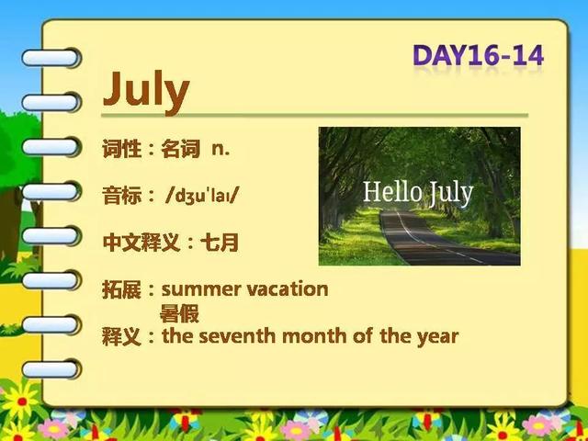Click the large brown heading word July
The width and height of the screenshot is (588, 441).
146,91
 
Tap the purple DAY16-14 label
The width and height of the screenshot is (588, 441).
478,56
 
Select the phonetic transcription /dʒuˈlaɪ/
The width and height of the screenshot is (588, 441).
202,196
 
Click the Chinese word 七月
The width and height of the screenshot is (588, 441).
220,243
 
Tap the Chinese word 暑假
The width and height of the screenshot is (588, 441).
179,313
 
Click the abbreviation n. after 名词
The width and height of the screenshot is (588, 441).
220,149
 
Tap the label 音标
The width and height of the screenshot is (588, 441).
121,196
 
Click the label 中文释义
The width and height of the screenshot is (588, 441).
141,243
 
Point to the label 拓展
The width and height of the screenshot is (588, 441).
121,289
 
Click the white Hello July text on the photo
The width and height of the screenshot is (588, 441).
418,193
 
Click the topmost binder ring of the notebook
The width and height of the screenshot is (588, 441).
51,58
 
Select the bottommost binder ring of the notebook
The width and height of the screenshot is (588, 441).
51,369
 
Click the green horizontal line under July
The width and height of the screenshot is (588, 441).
314,115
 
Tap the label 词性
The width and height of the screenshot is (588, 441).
121,149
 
